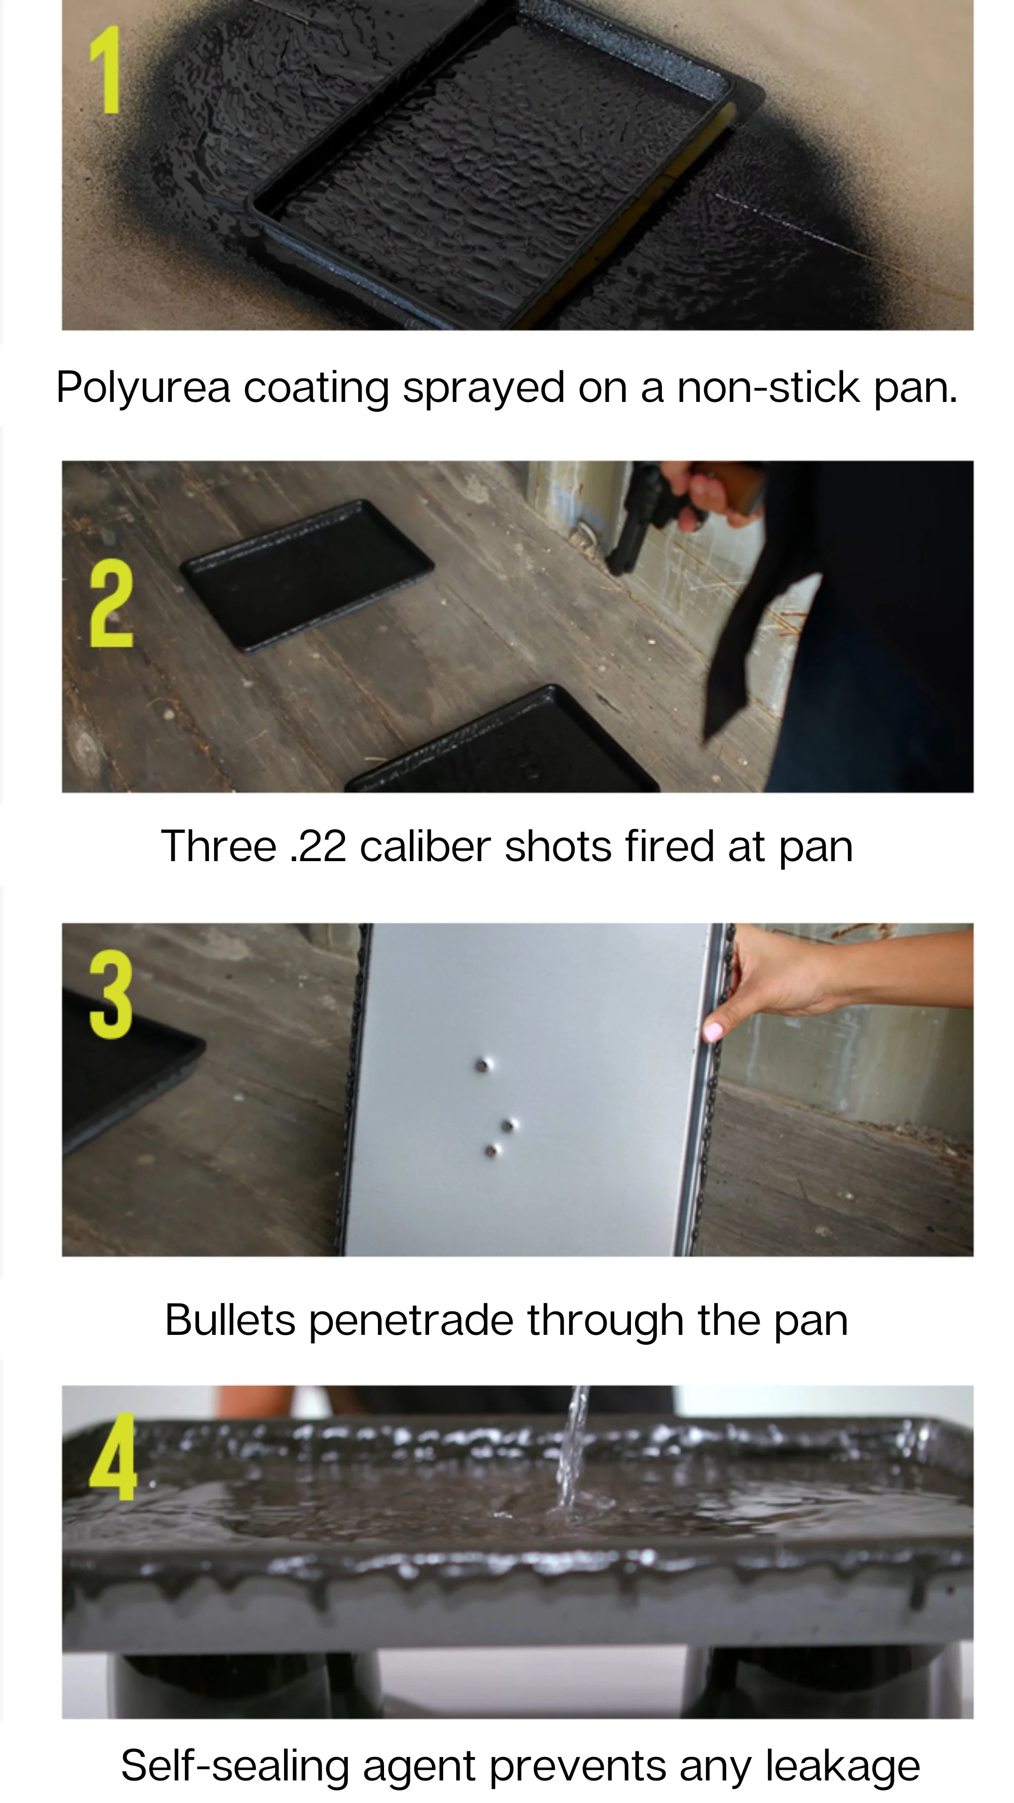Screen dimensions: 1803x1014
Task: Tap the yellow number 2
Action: click(111, 603)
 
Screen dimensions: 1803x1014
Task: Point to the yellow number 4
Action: click(113, 1457)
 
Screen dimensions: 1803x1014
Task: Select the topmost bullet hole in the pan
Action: click(482, 1065)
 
